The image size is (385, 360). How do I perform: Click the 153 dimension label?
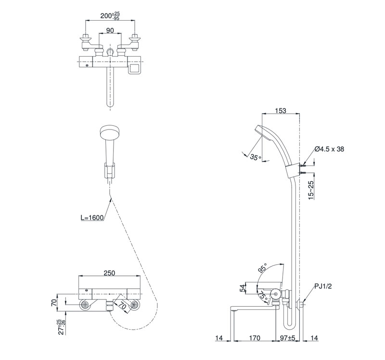point(281,111)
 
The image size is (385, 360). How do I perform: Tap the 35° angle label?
point(256,157)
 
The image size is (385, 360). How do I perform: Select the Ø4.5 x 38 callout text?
point(329,149)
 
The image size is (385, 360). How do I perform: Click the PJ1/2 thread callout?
point(323,286)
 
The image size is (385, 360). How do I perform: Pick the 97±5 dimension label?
point(287,338)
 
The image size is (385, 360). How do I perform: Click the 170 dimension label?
point(255,338)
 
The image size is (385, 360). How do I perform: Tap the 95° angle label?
point(262,269)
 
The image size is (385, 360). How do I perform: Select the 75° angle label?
point(262,295)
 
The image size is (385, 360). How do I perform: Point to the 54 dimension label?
point(243,288)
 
